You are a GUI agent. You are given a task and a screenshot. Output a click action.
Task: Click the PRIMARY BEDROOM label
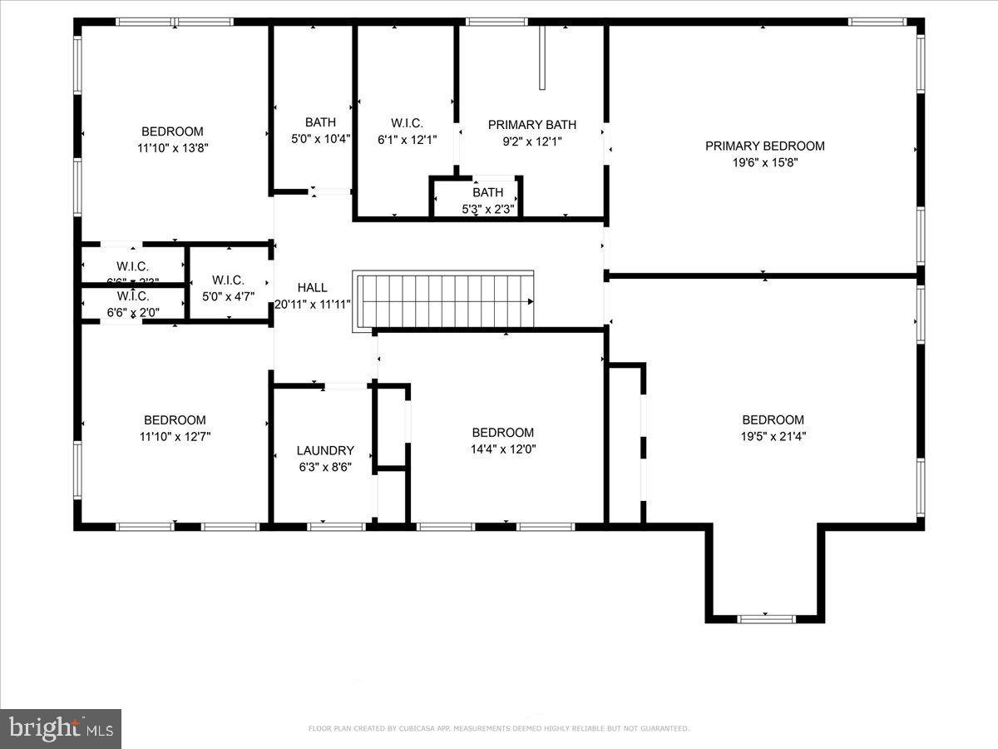(764, 146)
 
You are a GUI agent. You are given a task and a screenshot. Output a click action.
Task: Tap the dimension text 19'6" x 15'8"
(764, 163)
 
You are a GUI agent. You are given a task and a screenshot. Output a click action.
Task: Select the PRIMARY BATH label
(531, 125)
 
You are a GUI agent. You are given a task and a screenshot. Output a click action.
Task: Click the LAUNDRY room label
(325, 450)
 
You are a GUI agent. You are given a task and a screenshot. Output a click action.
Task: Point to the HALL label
(312, 287)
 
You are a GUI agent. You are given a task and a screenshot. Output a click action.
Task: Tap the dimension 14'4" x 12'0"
(502, 449)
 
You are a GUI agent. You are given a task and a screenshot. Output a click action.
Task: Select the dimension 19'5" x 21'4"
(773, 436)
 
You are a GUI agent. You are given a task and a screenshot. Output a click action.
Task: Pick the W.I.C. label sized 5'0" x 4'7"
(228, 280)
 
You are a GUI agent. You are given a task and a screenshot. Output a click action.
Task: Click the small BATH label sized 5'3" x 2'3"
(487, 192)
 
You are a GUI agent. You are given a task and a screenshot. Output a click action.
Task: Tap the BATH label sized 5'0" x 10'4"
(320, 122)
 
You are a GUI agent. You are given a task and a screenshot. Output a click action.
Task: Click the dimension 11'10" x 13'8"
(172, 148)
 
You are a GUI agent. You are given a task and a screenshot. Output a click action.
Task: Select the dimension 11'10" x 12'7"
(174, 436)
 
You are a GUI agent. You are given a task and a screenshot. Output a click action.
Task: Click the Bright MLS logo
(61, 729)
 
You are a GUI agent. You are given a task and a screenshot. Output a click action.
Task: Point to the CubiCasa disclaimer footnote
(498, 729)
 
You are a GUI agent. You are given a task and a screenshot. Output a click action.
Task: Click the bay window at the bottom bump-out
(767, 618)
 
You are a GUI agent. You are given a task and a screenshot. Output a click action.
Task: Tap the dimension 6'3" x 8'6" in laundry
(324, 467)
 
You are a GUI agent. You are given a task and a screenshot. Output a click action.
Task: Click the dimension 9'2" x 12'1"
(531, 141)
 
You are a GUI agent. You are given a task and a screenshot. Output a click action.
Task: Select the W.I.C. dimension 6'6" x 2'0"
(132, 313)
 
